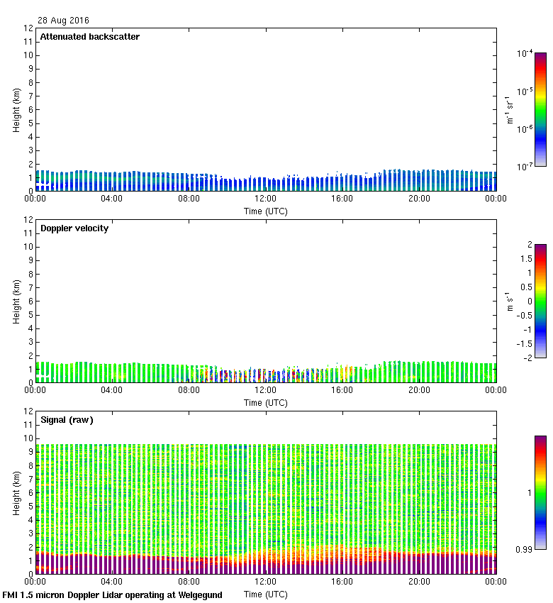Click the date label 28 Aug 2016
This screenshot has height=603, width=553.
(64, 21)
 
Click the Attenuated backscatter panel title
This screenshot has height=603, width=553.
(90, 37)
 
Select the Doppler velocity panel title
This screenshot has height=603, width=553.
(74, 228)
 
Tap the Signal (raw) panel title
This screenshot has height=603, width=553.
(67, 420)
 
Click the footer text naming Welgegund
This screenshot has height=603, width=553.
(113, 595)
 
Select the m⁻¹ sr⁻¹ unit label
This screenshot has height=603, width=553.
(510, 110)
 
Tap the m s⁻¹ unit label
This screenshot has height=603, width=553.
(510, 301)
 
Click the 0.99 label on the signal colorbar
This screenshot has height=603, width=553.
(525, 549)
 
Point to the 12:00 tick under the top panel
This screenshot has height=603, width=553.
(265, 199)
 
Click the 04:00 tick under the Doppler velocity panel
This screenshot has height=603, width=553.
(112, 390)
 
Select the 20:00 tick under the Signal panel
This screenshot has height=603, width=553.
(419, 582)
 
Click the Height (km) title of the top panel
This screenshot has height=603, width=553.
(16, 110)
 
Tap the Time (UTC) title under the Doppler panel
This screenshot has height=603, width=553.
(266, 402)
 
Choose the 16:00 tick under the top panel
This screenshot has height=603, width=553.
(342, 199)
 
